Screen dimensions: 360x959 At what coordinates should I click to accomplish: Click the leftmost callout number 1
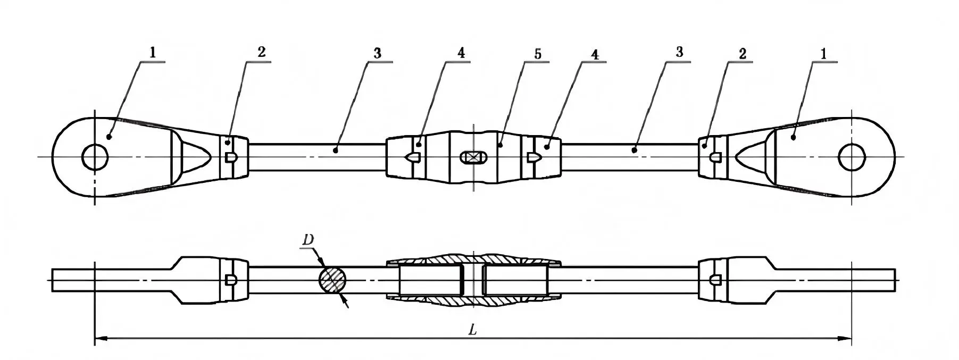point(153,52)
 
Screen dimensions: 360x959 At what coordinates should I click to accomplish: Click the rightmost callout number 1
point(824,53)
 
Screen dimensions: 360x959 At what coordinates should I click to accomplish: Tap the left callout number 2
point(261,52)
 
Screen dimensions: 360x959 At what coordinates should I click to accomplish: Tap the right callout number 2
point(743,53)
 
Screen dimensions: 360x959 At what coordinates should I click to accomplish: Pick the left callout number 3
point(377,53)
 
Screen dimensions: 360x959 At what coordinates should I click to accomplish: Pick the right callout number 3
point(679,52)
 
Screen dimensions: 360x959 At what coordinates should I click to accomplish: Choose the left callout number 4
point(461,53)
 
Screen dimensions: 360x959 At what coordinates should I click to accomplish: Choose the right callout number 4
point(594,54)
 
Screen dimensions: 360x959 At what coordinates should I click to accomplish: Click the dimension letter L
point(472,330)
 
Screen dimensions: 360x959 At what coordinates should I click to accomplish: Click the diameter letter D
point(308,240)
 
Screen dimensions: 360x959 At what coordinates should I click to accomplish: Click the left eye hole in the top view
point(95,157)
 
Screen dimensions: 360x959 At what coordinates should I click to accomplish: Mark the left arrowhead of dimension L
point(101,338)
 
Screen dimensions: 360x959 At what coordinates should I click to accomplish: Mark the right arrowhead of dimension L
point(846,338)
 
